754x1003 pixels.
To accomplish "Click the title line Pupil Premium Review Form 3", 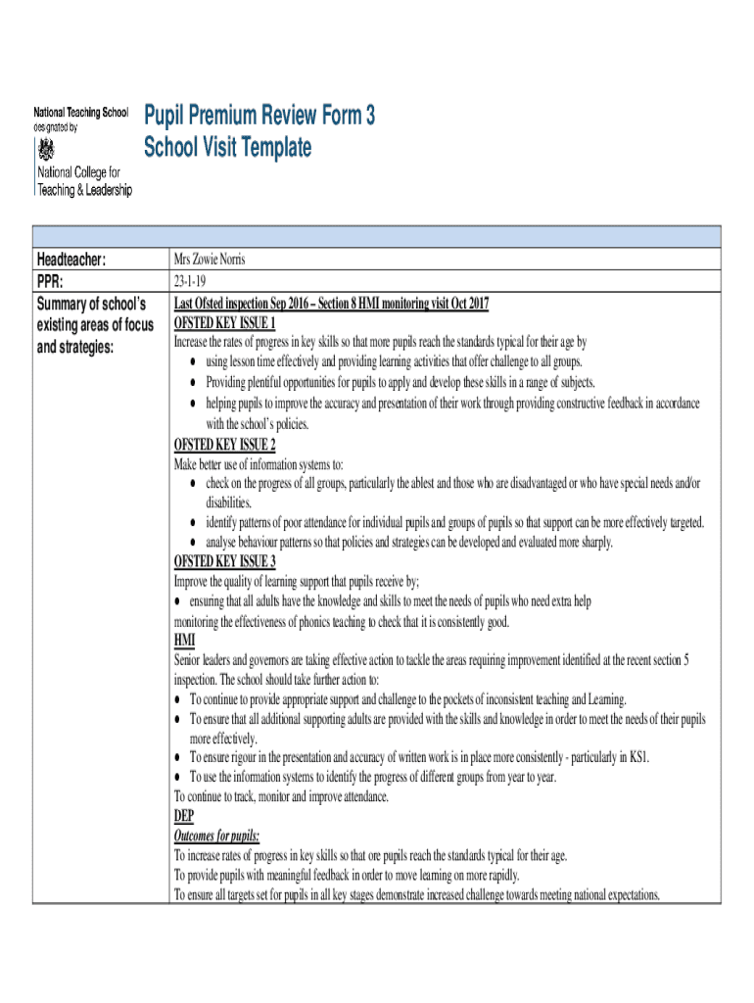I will click(259, 117).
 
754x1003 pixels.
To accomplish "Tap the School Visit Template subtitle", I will click(227, 148).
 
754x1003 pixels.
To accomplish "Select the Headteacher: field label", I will click(84, 260).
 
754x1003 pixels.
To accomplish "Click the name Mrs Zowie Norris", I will click(210, 260).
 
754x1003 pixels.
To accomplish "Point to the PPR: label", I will click(56, 281).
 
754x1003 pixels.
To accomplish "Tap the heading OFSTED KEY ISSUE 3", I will click(224, 561).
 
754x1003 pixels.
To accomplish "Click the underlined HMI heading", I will click(184, 640).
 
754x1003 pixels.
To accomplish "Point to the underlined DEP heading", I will click(184, 816).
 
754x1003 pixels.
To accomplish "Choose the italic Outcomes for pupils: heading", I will click(216, 836).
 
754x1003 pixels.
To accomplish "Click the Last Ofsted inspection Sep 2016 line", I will click(331, 303).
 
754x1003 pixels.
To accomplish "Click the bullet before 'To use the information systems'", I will click(177, 777).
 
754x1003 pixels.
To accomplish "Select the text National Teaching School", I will click(80, 113).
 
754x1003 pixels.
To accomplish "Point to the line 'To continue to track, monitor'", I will click(281, 796).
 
